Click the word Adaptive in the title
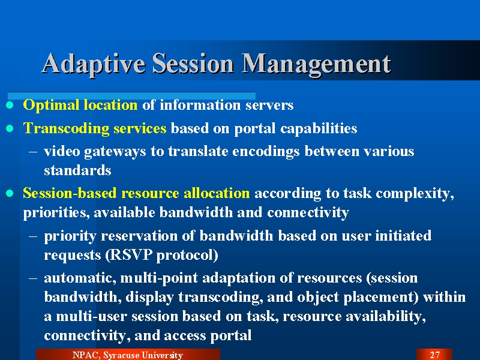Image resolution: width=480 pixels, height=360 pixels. point(94,64)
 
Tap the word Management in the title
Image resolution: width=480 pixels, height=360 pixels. point(317,64)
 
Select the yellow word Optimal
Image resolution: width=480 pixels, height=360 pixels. point(52,106)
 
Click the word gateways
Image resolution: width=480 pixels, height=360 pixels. point(115,152)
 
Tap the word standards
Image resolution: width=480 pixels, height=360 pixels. point(77,170)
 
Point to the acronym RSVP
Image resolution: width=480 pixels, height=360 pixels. point(130,254)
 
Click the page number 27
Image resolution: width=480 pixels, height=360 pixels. point(434,355)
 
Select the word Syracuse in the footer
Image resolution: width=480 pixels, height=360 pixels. point(121,355)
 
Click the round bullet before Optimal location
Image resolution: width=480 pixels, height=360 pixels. point(10,106)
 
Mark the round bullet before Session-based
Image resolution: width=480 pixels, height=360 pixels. point(10,193)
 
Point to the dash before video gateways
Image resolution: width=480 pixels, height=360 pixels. point(33,152)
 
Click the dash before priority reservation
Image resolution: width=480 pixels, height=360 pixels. point(33,236)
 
